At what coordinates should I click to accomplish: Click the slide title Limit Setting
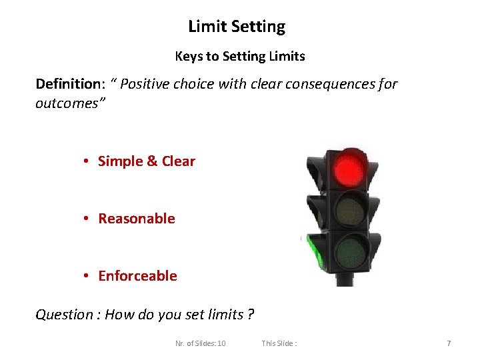[237, 27]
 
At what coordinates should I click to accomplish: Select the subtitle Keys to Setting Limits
[240, 57]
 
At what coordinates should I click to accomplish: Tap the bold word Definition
[67, 84]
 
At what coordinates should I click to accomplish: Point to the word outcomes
[68, 105]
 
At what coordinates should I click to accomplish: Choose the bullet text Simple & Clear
[147, 161]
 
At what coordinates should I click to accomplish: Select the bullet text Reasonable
[137, 219]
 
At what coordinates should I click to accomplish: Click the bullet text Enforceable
[137, 276]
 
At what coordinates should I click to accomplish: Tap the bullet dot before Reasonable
[87, 219]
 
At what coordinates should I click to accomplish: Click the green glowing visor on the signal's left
[312, 253]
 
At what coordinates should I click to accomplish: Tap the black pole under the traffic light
[345, 279]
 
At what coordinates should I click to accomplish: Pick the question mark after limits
[250, 315]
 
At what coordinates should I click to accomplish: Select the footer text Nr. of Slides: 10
[200, 343]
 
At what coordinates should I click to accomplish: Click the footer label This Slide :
[279, 343]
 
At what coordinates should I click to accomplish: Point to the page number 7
[449, 343]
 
